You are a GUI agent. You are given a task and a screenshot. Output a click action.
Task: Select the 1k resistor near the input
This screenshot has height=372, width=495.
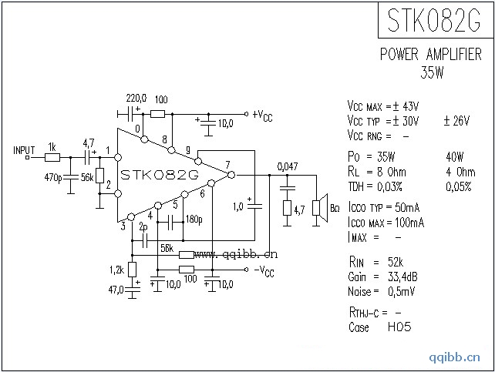pyautogui.click(x=52, y=157)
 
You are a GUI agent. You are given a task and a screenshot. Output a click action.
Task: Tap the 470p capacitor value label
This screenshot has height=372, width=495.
pyautogui.click(x=54, y=178)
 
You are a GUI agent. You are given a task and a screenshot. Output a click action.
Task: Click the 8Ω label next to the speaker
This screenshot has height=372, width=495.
pyautogui.click(x=335, y=208)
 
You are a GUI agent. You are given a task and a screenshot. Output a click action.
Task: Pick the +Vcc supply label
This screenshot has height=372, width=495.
pyautogui.click(x=262, y=116)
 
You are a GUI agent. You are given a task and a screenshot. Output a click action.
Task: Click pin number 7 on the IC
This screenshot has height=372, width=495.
pyautogui.click(x=227, y=164)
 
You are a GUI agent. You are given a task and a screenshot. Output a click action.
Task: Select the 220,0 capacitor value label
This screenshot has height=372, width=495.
pyautogui.click(x=136, y=99)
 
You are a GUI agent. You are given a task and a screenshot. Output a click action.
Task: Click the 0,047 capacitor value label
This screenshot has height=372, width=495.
pyautogui.click(x=287, y=166)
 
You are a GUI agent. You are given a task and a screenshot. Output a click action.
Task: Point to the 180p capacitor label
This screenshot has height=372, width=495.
pyautogui.click(x=194, y=220)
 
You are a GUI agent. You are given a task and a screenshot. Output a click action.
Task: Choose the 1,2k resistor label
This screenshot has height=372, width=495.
pyautogui.click(x=116, y=270)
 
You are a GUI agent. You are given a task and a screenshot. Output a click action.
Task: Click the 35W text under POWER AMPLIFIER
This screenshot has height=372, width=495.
pyautogui.click(x=432, y=74)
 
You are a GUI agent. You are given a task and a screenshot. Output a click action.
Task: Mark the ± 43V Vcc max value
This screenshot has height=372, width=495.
pyautogui.click(x=404, y=106)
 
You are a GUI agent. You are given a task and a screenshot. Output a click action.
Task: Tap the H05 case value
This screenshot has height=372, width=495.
pyautogui.click(x=400, y=327)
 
